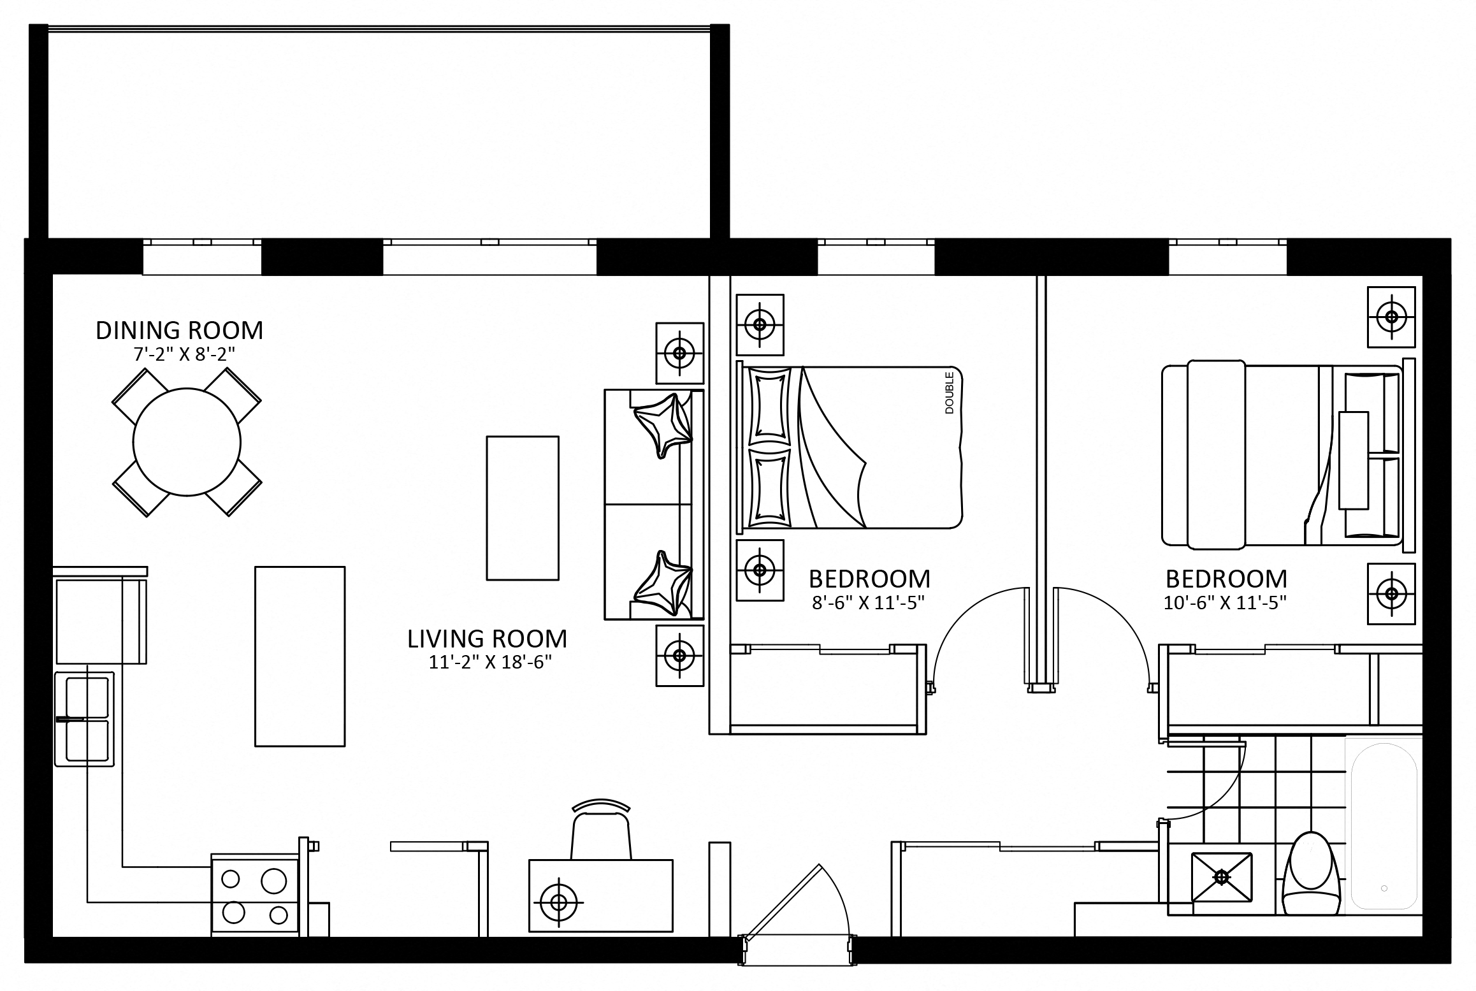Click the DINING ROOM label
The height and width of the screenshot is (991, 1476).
[x=179, y=330]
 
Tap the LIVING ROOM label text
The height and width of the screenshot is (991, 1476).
[x=487, y=639]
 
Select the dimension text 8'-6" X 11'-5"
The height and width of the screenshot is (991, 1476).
[x=869, y=603]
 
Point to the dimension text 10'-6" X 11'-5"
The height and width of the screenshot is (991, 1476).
[x=1225, y=603]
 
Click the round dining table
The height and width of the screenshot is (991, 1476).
[x=187, y=442]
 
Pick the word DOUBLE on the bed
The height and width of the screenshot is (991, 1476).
[x=950, y=393]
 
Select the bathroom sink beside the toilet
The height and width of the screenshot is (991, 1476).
[x=1221, y=878]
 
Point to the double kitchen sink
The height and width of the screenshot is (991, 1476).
[x=85, y=719]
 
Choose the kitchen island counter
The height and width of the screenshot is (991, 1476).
[x=300, y=656]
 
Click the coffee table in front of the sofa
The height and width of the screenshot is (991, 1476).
[x=523, y=508]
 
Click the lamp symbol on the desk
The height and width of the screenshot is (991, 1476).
[x=558, y=902]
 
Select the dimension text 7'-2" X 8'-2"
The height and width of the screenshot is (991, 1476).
[x=185, y=354]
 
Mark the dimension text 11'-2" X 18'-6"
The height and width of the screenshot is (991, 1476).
[x=489, y=663]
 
